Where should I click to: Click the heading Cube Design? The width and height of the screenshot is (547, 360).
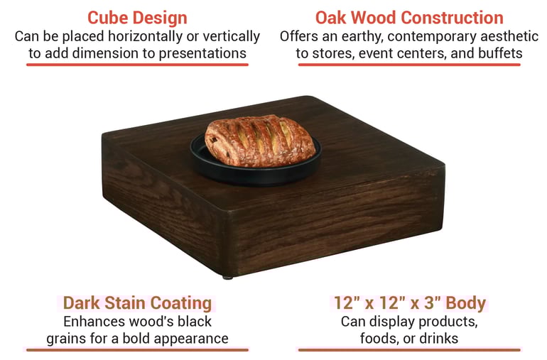click(137, 18)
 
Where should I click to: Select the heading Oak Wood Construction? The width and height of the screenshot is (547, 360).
click(409, 18)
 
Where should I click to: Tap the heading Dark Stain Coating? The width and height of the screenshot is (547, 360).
click(137, 303)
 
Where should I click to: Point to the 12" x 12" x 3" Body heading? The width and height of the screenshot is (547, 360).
click(410, 303)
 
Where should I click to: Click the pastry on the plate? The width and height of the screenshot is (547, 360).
click(259, 140)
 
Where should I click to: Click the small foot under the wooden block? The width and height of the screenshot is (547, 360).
click(227, 276)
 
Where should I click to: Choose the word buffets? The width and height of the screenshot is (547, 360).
click(498, 53)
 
